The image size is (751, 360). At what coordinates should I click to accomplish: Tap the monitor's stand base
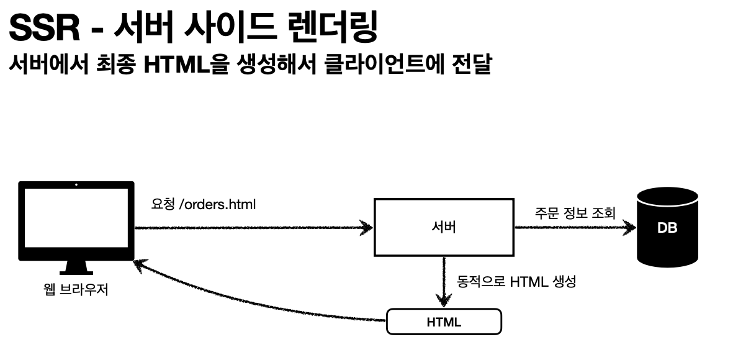point(76,271)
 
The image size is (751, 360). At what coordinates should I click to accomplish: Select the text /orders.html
point(217,204)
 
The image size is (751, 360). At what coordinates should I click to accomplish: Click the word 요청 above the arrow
point(163,204)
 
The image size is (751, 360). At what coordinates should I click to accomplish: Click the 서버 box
point(444,227)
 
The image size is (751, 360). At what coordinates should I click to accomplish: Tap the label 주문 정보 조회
point(575,214)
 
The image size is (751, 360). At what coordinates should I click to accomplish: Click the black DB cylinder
point(667,227)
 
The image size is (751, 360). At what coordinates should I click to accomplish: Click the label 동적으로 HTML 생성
point(517,282)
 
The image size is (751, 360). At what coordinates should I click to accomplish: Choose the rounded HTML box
point(444,322)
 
